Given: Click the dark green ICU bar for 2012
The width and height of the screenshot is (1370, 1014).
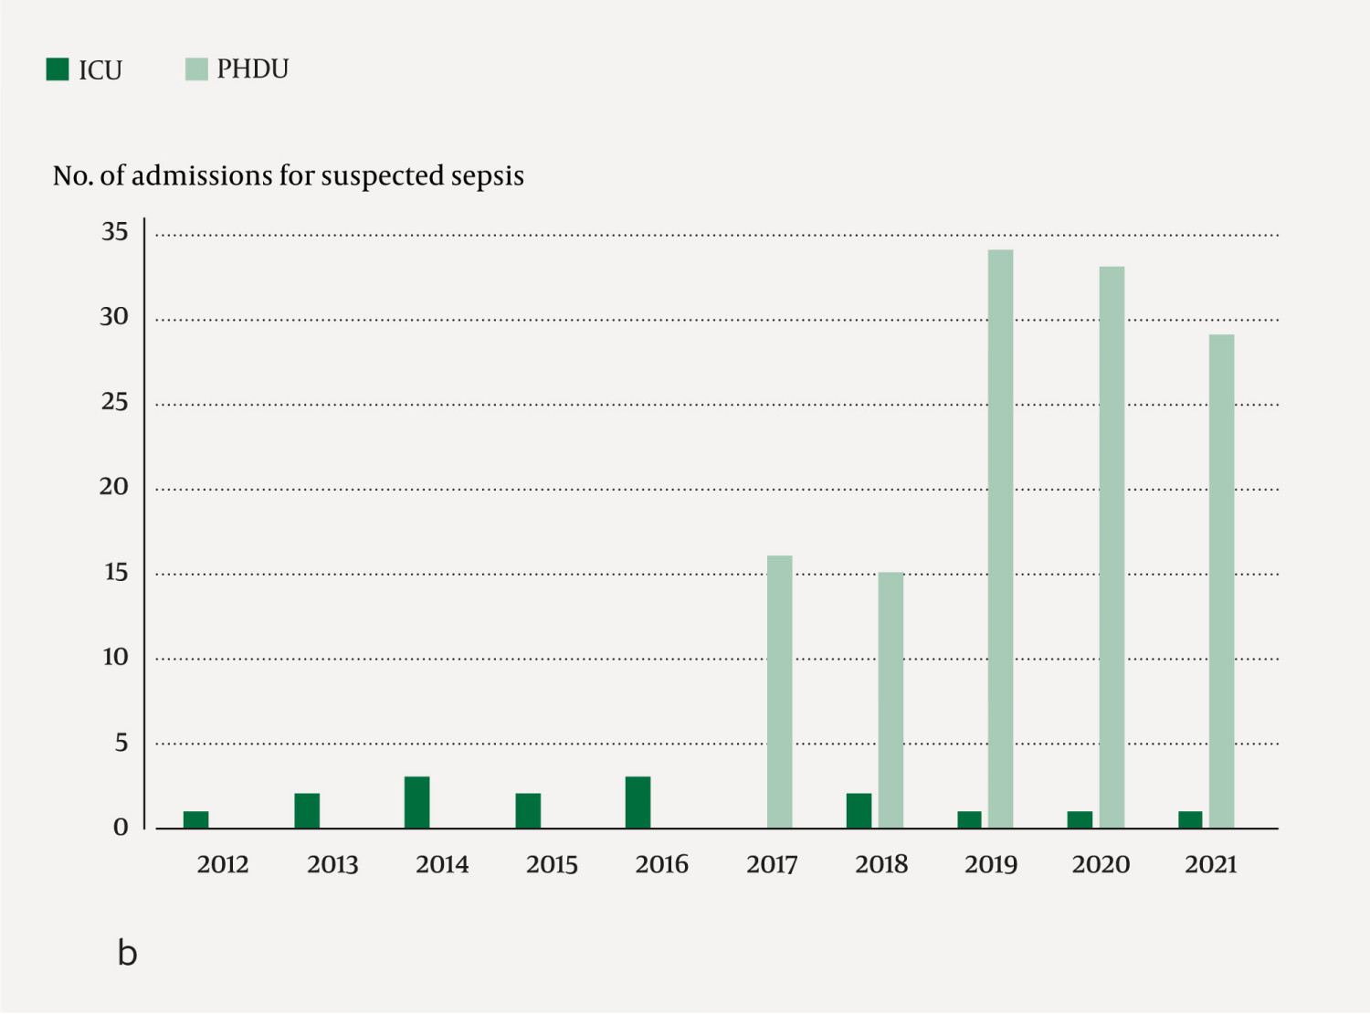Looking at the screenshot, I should click(195, 819).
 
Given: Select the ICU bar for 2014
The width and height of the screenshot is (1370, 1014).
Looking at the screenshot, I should click(417, 802).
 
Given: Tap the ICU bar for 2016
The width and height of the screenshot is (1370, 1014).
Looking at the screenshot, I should click(638, 802).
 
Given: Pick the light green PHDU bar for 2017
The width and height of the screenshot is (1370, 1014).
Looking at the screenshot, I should click(780, 692).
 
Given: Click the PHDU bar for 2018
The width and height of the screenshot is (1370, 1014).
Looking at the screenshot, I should click(890, 700).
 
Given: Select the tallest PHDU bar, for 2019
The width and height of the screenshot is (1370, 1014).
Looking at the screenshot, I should click(1000, 539).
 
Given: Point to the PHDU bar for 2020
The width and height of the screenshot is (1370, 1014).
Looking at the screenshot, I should click(1112, 547).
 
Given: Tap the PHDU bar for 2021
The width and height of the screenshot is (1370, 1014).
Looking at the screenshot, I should click(1221, 581).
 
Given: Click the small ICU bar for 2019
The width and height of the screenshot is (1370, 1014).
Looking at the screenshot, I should click(969, 819).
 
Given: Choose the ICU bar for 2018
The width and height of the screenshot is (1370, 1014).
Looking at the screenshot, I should click(859, 810).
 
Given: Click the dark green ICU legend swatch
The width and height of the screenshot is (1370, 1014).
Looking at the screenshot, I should click(58, 69).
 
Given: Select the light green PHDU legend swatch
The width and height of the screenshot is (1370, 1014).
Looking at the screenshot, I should click(196, 69).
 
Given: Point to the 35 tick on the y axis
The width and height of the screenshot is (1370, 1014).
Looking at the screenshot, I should click(115, 232).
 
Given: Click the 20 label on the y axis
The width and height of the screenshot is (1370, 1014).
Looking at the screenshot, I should click(114, 487).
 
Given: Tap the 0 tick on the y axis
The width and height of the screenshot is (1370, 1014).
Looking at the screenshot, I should click(121, 828).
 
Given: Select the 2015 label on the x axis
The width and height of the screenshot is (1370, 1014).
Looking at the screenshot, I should click(552, 864).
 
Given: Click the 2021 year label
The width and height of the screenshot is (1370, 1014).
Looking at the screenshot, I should click(1210, 864).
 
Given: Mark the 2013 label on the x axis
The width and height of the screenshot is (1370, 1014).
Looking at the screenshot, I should click(332, 864).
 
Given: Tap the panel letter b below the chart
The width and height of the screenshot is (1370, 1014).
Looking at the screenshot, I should click(127, 953).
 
